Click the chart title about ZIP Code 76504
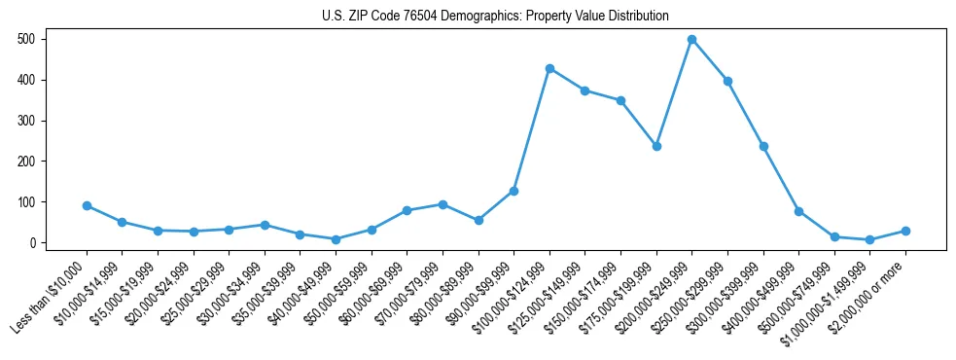(495, 16)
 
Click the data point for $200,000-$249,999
(691, 40)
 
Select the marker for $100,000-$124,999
(549, 68)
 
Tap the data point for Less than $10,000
(87, 205)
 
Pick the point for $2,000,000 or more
(905, 231)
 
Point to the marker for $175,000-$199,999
(656, 146)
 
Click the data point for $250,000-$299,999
(727, 81)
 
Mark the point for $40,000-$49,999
(336, 239)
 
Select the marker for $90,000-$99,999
(513, 191)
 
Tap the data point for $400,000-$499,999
(798, 211)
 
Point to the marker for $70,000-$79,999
(443, 204)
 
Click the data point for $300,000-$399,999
(763, 146)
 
